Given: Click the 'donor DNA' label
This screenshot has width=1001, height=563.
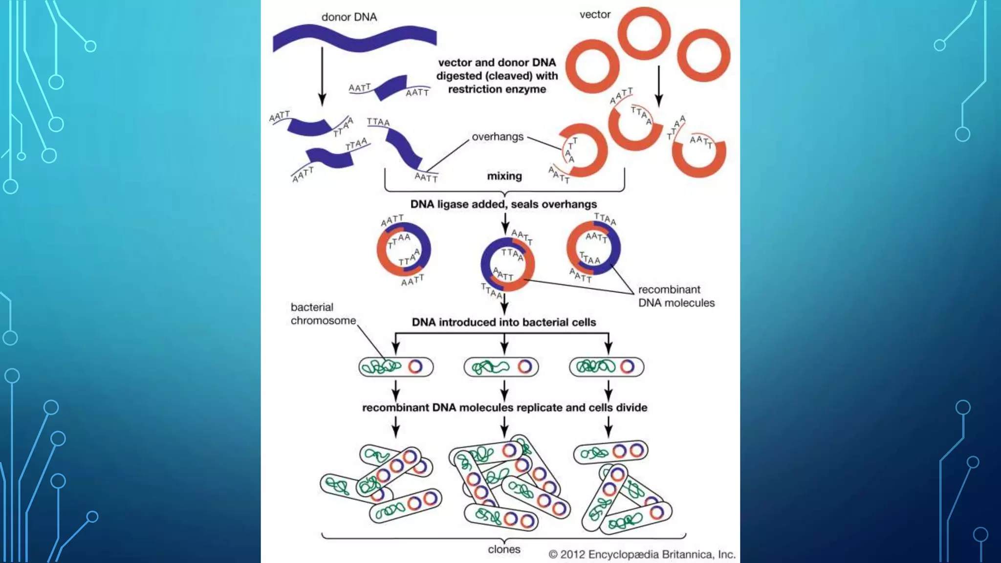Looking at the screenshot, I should pos(349,17).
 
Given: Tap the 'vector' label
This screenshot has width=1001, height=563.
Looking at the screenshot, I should pos(595,15).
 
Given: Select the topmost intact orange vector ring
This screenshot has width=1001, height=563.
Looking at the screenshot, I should pos(644,33).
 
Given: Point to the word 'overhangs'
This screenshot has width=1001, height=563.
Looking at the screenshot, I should pos(497,137).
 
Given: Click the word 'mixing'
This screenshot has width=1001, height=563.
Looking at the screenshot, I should pos(504,176).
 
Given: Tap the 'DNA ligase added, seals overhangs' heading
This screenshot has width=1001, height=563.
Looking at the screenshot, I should pos(503,204).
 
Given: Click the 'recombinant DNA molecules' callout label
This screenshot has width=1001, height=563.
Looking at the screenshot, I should pos(676,296).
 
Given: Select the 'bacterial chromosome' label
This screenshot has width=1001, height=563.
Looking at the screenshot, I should pos(323,314).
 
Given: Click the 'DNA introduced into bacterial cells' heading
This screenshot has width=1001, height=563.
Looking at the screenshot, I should pos(503,323).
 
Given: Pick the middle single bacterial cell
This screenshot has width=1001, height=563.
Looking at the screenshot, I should pos(501,367).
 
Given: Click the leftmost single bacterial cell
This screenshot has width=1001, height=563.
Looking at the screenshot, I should pos(396,367).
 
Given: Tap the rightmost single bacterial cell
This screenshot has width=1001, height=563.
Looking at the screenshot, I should pos(607,367).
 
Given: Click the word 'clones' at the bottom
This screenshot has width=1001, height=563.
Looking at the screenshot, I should pos(503,549).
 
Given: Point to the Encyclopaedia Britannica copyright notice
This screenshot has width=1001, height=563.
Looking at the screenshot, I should pos(642,554).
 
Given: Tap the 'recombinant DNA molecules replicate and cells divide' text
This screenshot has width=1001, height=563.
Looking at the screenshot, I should pos(504,408).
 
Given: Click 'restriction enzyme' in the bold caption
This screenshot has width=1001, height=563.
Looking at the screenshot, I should pos(497,89).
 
